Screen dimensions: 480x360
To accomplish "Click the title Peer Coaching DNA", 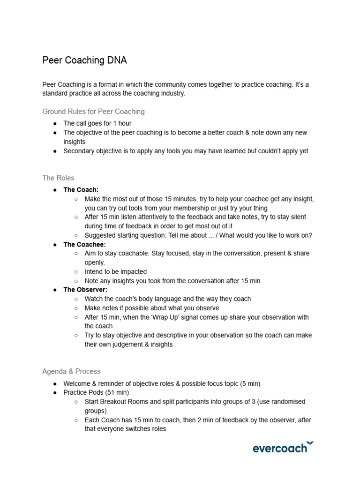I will click(84, 60).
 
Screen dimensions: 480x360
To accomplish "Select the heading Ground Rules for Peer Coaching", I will click(93, 112).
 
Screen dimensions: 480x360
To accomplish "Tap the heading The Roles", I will click(58, 178).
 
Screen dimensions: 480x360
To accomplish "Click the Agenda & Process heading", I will click(71, 371).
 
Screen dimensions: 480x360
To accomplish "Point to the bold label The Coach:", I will click(81, 190).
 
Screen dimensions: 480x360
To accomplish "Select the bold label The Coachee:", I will click(84, 244).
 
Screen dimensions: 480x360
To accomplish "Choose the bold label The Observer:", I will click(85, 290).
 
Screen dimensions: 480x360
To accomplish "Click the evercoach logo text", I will click(280, 449).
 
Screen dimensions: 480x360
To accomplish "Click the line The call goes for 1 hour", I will click(97, 123).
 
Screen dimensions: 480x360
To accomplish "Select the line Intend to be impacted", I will click(116, 271).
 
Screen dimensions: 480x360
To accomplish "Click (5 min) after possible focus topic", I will click(250, 383).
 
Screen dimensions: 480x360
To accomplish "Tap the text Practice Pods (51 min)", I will click(96, 392).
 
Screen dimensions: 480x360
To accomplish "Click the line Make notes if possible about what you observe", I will click(151, 308).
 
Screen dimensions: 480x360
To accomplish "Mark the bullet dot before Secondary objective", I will click(55, 151).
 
